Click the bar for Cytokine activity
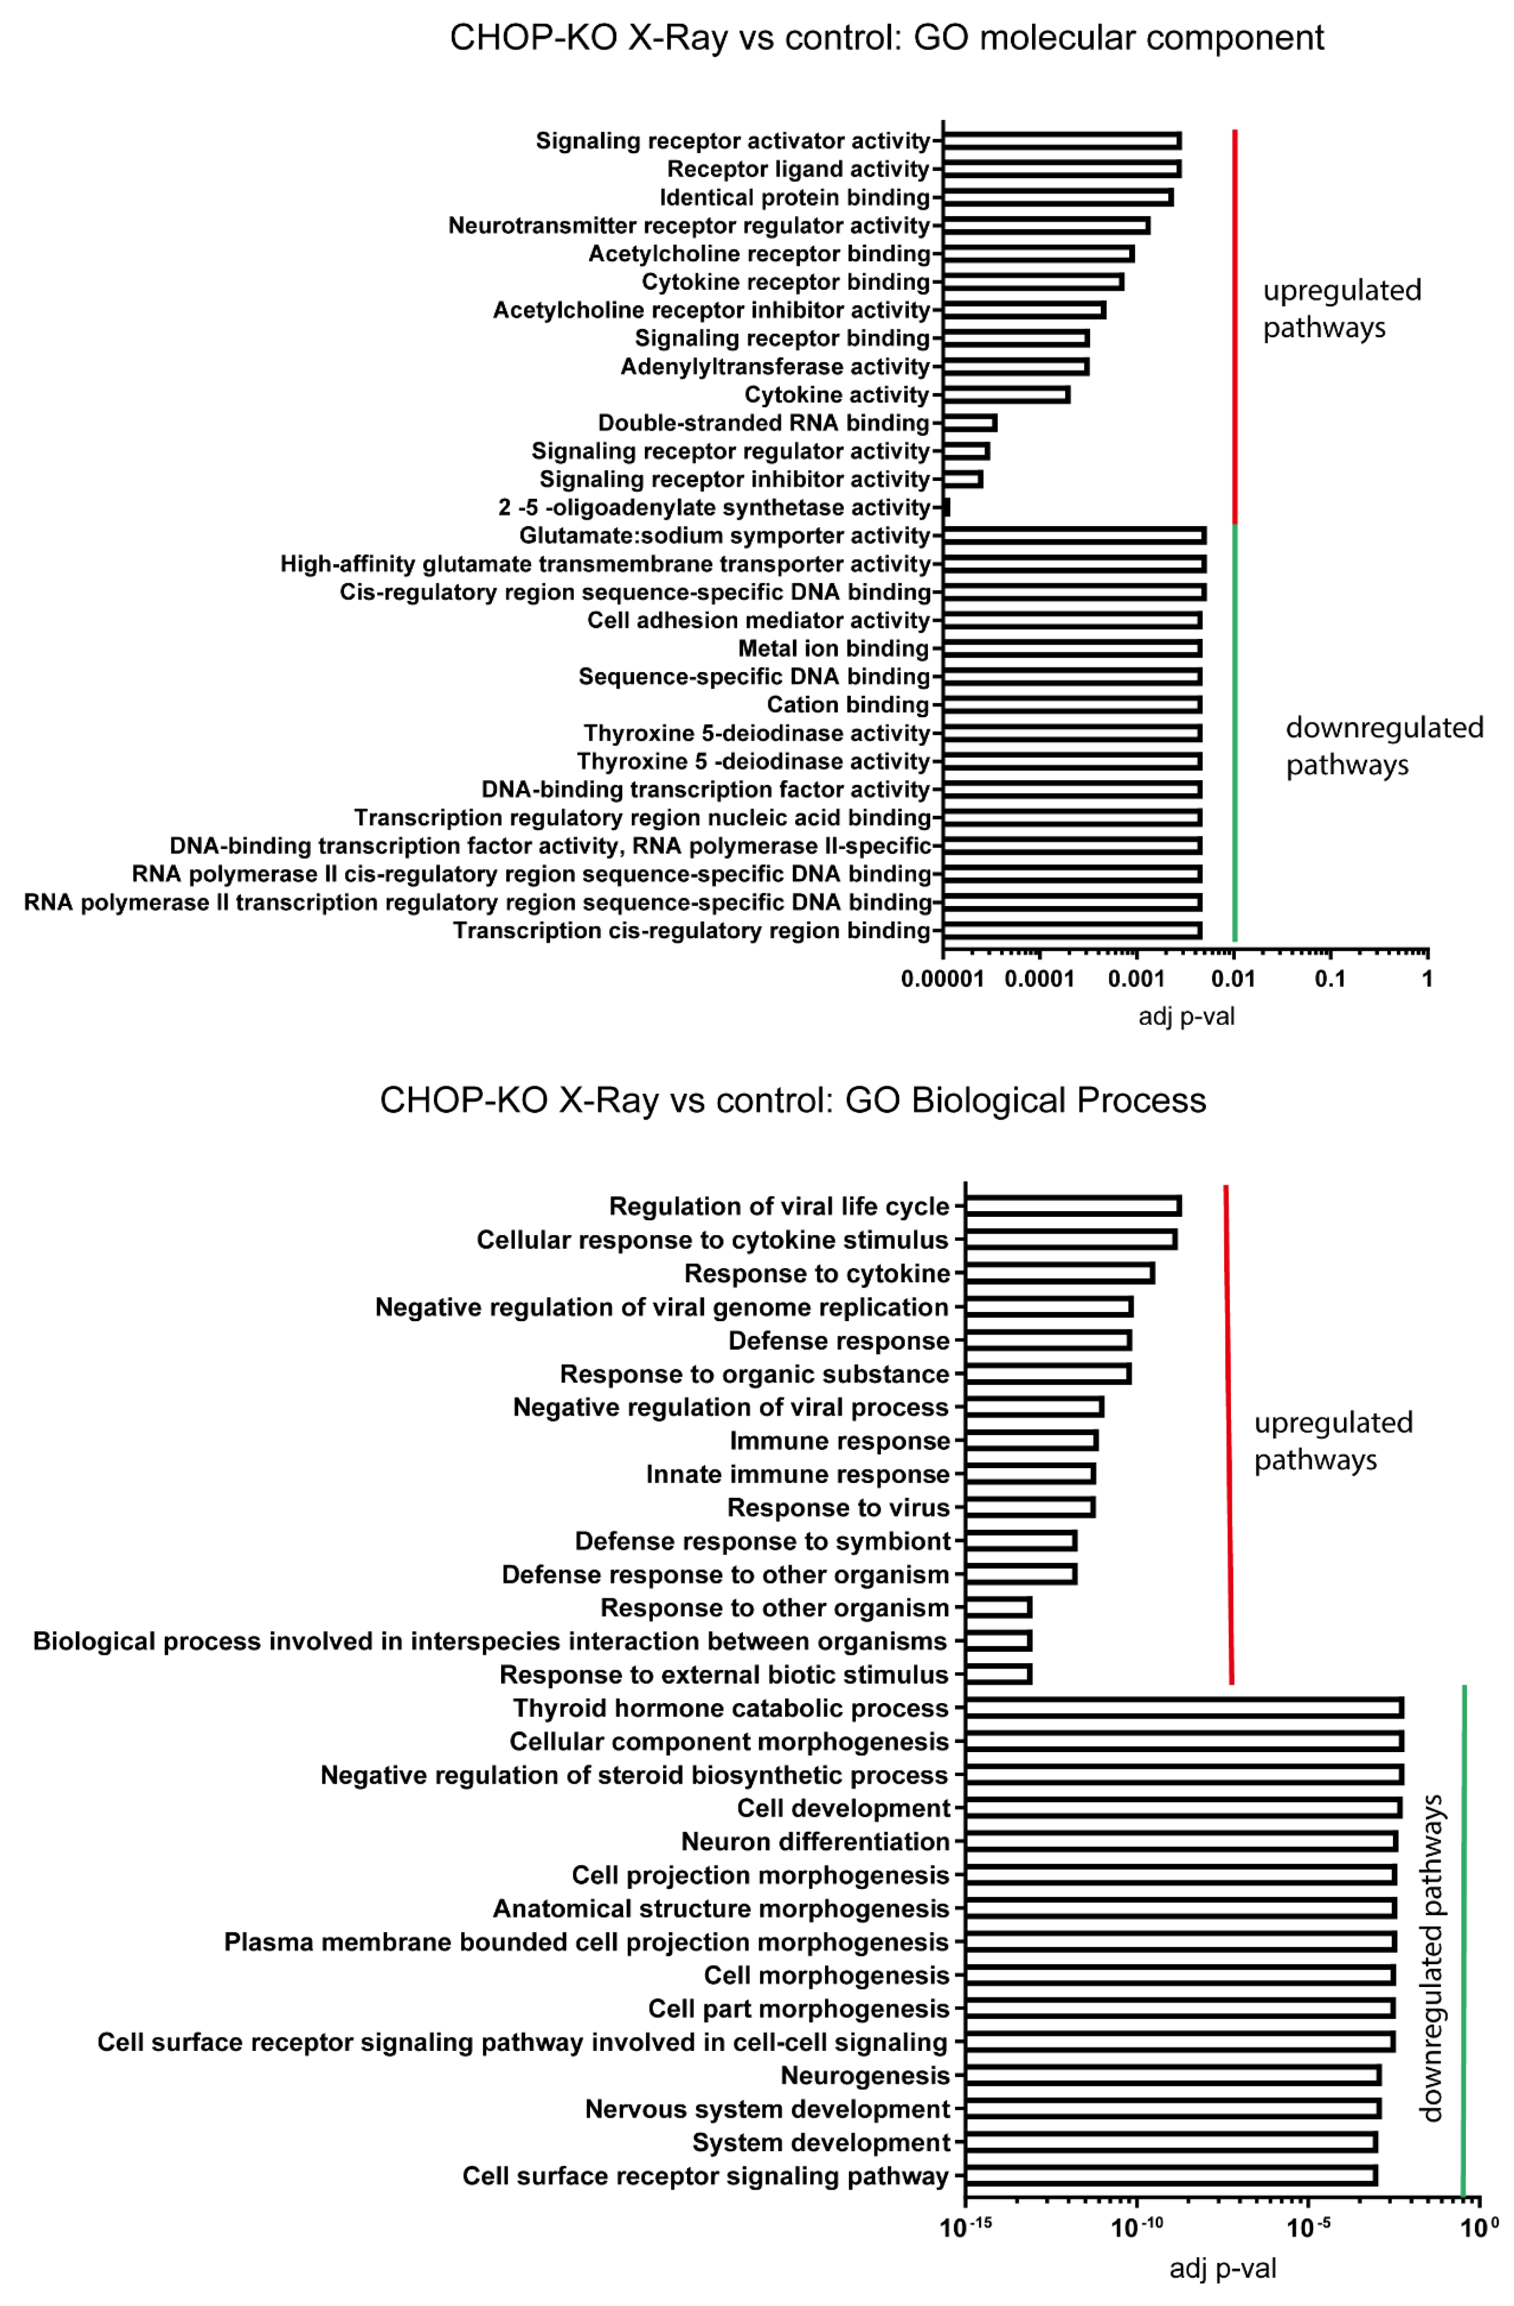tap(1006, 394)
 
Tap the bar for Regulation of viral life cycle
tap(1072, 1205)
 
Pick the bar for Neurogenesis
tap(1172, 2074)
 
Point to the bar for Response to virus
tap(1029, 1507)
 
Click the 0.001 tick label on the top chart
tap(1136, 979)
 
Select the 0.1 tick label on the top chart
tap(1330, 979)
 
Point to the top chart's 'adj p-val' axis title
tap(1185, 1017)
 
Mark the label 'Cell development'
tap(843, 1808)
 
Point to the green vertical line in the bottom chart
tap(1463, 1938)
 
